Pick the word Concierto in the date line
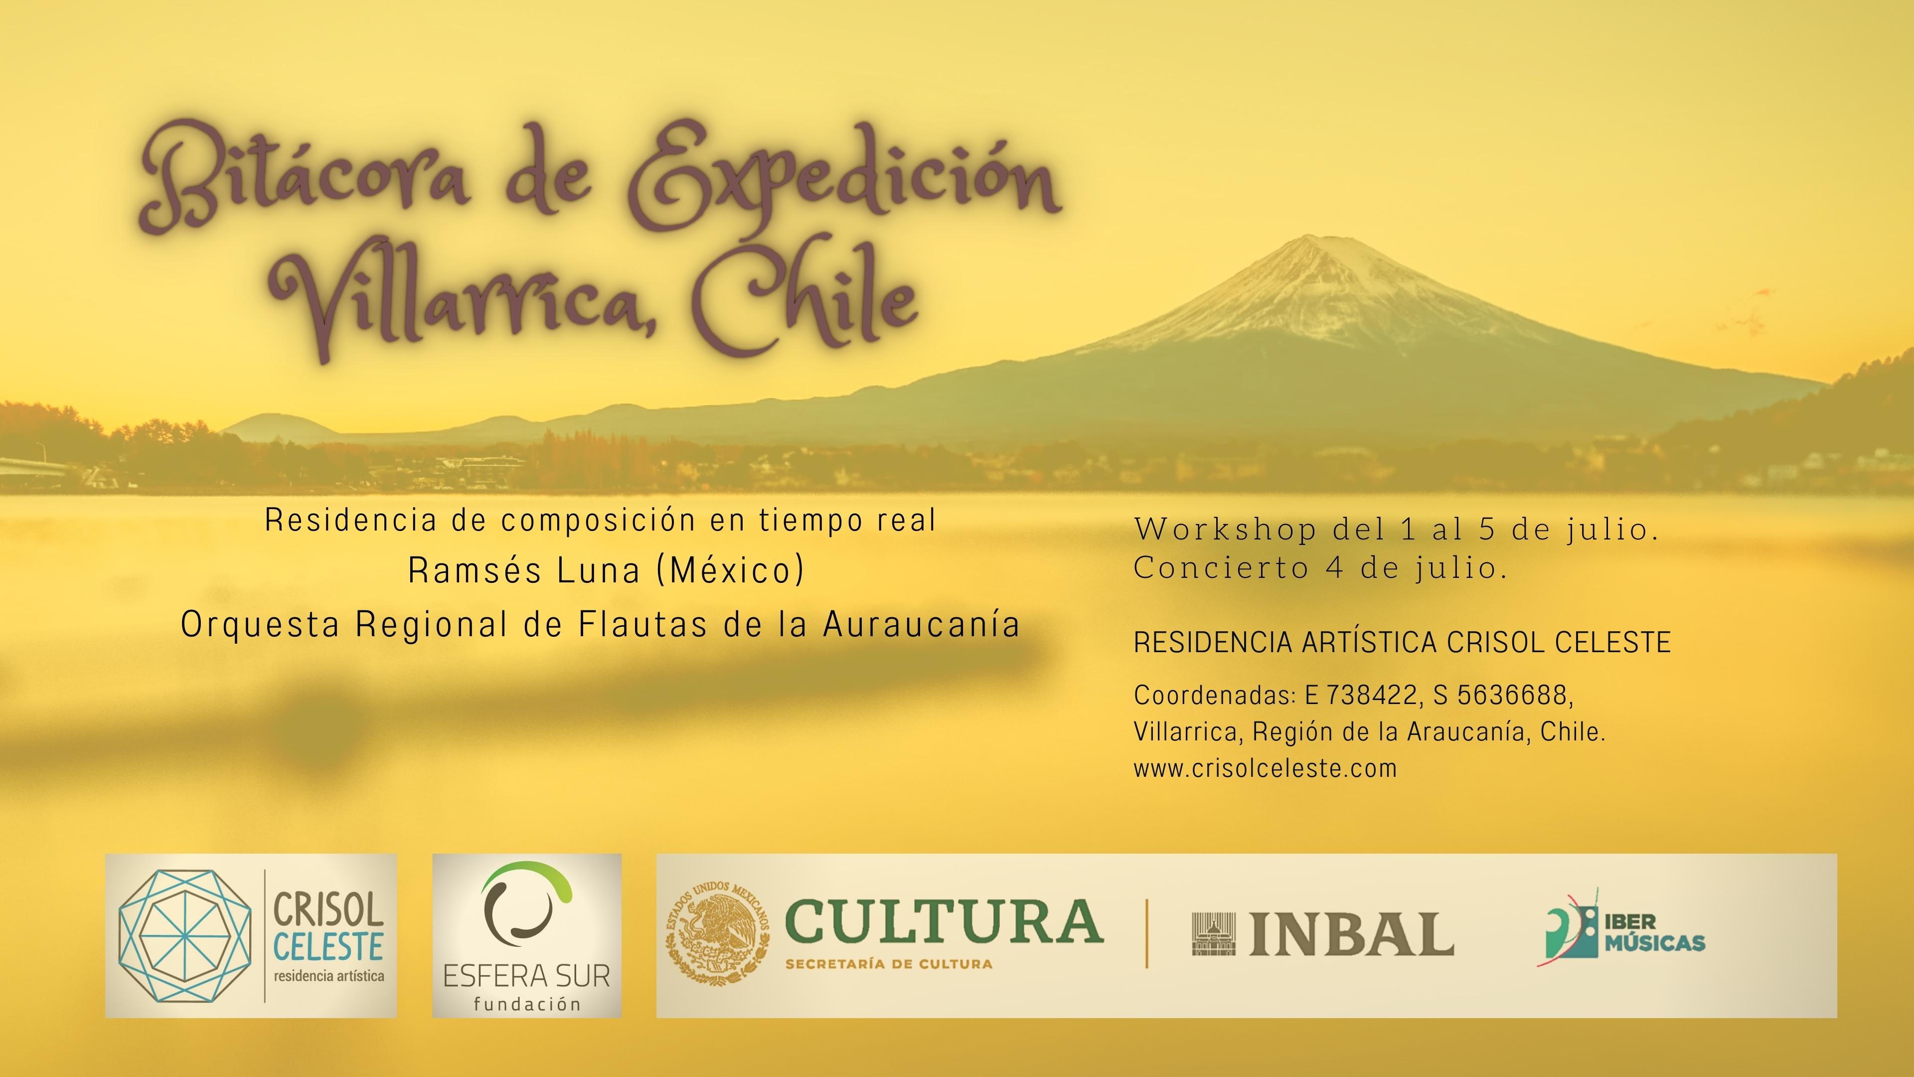pos(1220,568)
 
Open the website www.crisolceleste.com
pos(1265,768)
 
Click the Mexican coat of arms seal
pos(717,935)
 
